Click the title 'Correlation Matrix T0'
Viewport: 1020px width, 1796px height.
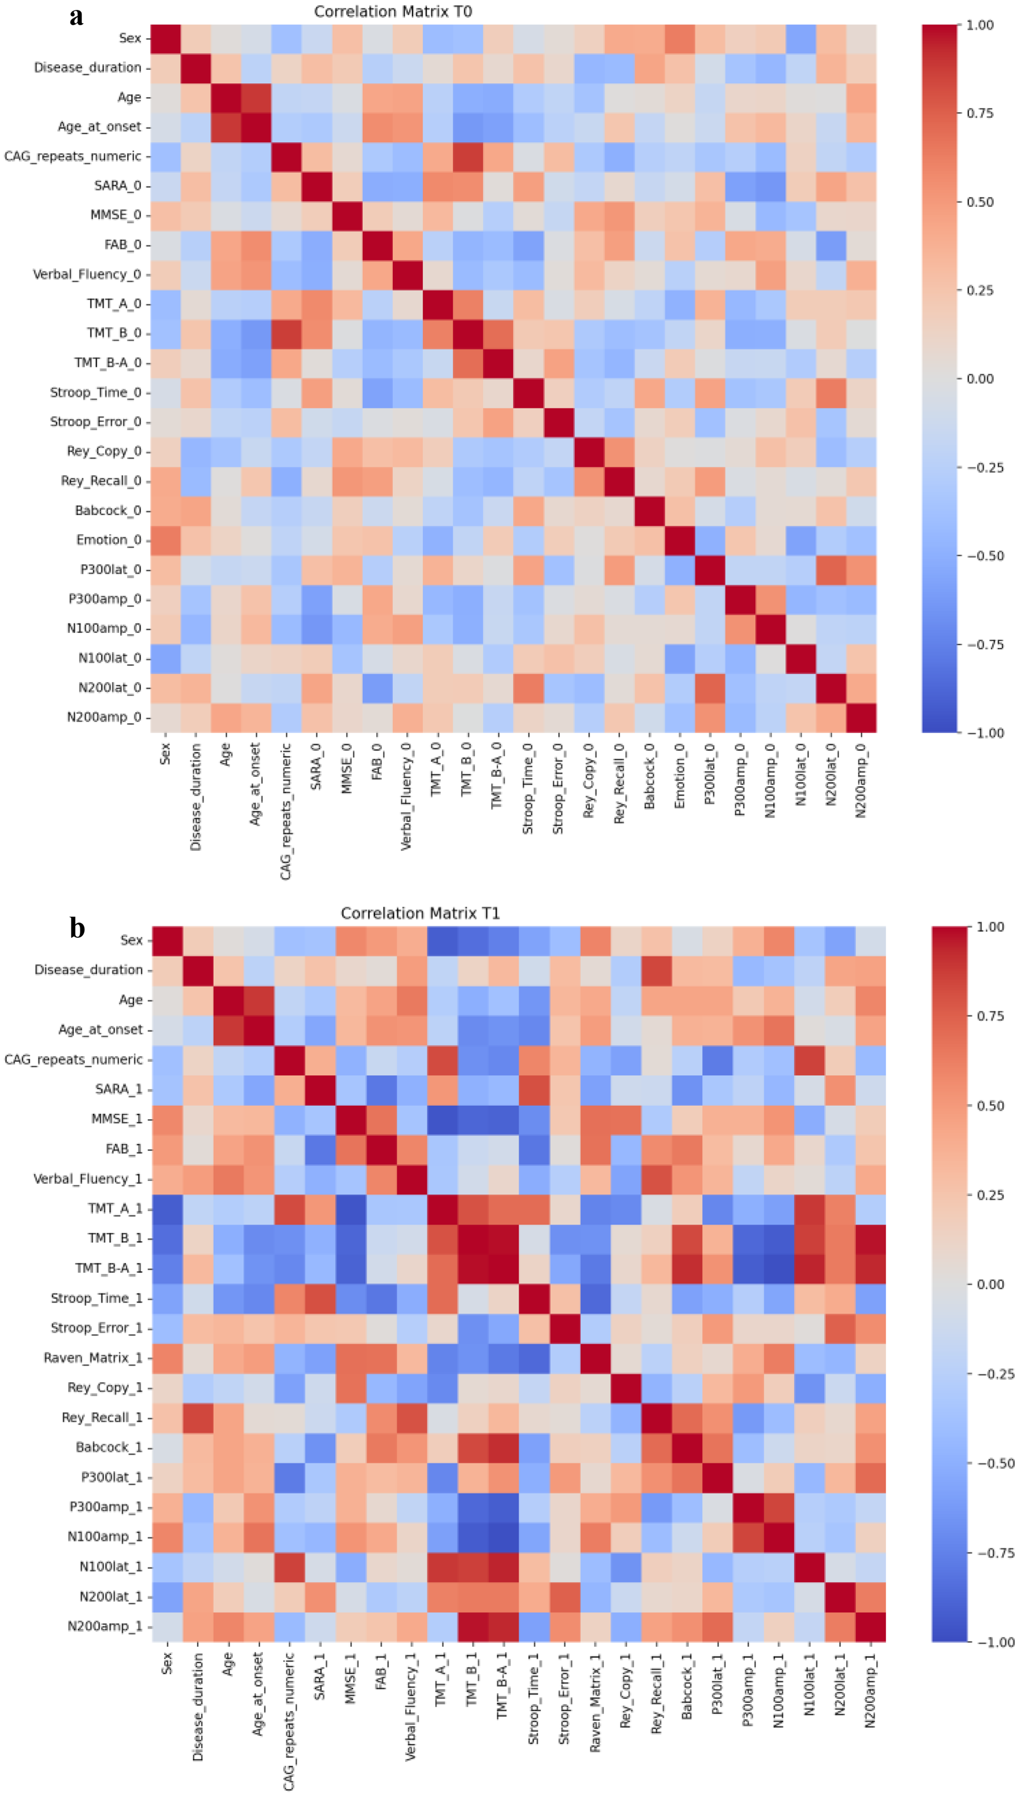(393, 12)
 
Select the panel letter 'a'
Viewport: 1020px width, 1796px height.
(77, 15)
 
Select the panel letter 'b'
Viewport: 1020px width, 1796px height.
(77, 928)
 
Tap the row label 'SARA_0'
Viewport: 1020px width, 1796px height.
(118, 186)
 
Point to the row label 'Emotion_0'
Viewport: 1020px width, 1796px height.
(108, 540)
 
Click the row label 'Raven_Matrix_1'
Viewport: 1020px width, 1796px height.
(93, 1358)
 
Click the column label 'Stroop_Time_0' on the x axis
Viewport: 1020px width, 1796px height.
(528, 789)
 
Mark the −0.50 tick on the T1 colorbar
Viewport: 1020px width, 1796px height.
(995, 1463)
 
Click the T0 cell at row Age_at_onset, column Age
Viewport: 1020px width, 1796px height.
(226, 127)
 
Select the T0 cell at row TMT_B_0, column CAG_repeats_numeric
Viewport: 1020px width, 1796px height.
(286, 333)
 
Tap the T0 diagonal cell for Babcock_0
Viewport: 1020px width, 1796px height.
(649, 511)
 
